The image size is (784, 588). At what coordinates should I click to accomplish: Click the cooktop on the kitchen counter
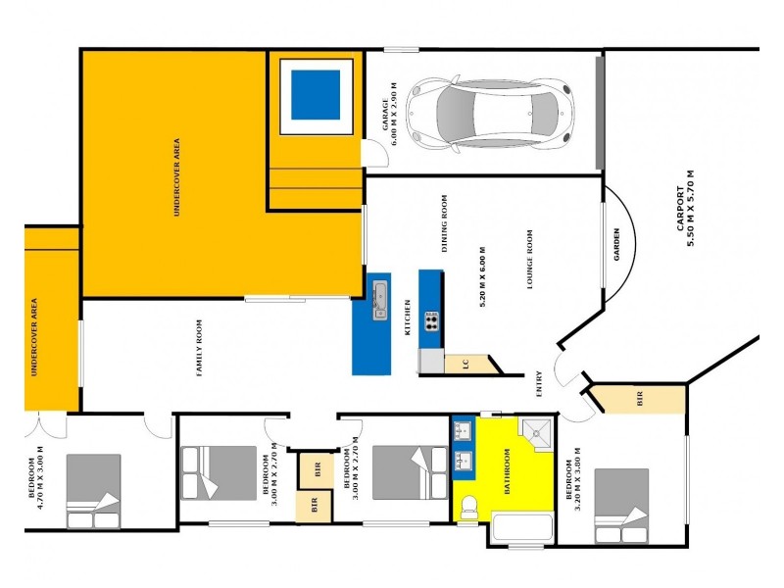coord(430,320)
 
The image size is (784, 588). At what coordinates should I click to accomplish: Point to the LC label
coord(466,364)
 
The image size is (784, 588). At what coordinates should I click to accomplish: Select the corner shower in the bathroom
coord(535,433)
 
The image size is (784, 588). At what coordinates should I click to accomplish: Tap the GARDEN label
coord(617,244)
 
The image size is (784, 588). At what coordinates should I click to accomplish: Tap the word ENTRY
coord(539,383)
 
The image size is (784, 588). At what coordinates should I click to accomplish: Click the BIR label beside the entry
coord(640,399)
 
